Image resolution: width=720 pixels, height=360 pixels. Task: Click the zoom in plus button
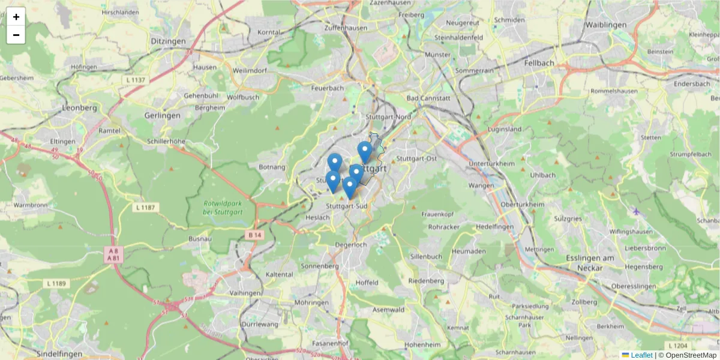[16, 17]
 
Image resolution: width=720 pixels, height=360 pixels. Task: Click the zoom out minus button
[16, 35]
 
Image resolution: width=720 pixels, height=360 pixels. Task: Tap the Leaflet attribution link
[641, 355]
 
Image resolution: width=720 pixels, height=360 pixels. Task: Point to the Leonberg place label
[79, 108]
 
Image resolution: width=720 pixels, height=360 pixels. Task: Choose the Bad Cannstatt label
[428, 98]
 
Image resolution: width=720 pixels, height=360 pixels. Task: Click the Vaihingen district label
[245, 293]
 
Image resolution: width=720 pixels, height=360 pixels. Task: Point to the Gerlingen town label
[162, 115]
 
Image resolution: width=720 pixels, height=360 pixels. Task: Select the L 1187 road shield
[145, 207]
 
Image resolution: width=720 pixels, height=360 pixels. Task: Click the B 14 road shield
[254, 235]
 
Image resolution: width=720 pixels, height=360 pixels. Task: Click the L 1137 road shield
[136, 79]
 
